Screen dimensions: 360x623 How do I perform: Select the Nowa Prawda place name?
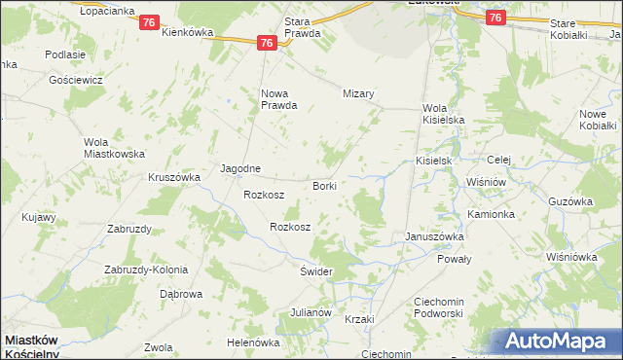(x=277, y=99)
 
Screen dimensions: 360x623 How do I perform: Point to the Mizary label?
(x=358, y=93)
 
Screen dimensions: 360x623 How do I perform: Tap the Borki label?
(x=324, y=185)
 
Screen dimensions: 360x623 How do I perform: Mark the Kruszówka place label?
(x=173, y=177)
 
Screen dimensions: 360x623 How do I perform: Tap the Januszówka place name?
(x=434, y=236)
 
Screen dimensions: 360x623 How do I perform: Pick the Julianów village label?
(x=311, y=313)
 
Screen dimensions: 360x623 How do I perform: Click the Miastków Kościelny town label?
(x=32, y=346)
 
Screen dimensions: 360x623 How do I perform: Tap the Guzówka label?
(x=570, y=201)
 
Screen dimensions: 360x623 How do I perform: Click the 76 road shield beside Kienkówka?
(x=148, y=22)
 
